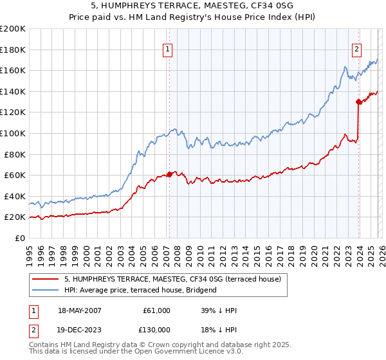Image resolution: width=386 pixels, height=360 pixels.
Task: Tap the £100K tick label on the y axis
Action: point(12,133)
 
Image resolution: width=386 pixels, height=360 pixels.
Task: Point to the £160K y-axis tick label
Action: point(12,70)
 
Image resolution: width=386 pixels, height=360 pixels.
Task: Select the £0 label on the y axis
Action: point(19,238)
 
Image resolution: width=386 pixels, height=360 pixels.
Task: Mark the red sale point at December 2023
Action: point(358,102)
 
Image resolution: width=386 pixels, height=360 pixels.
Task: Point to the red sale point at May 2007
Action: point(169,174)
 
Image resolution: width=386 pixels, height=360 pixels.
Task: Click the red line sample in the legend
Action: point(46,280)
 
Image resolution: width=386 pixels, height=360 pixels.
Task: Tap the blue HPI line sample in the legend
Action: point(46,290)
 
